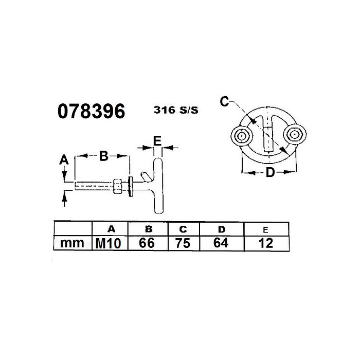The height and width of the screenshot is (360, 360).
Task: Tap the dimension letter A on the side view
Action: pyautogui.click(x=64, y=160)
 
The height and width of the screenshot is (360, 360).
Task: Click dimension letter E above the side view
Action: pyautogui.click(x=158, y=139)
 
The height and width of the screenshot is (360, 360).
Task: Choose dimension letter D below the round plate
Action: pyautogui.click(x=269, y=173)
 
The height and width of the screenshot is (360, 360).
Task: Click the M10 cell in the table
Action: pyautogui.click(x=107, y=243)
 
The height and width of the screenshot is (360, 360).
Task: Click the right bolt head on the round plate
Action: pyautogui.click(x=295, y=135)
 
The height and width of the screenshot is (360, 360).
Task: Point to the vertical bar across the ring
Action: pyautogui.click(x=268, y=135)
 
